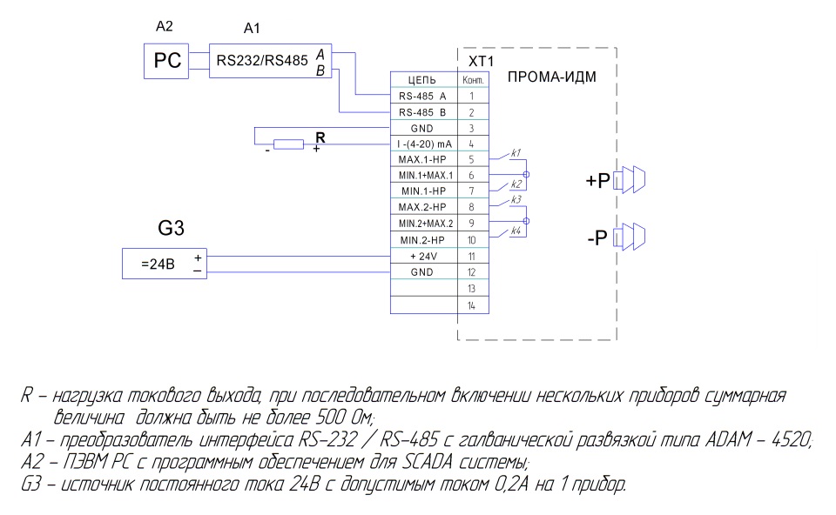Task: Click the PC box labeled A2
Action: pos(166,61)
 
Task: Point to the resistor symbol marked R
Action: pos(287,144)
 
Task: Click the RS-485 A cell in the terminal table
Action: pos(421,96)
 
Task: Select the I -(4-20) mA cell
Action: pos(421,144)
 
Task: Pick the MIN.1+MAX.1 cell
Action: pos(421,176)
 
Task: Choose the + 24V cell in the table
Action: pos(421,256)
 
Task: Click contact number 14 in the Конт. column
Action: pos(470,304)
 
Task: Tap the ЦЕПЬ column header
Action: pos(421,80)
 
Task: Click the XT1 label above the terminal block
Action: pos(482,63)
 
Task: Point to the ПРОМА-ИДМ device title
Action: pos(552,79)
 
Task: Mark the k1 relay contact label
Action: pos(516,153)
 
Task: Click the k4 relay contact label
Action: pos(516,231)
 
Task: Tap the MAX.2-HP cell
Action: pos(421,208)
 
